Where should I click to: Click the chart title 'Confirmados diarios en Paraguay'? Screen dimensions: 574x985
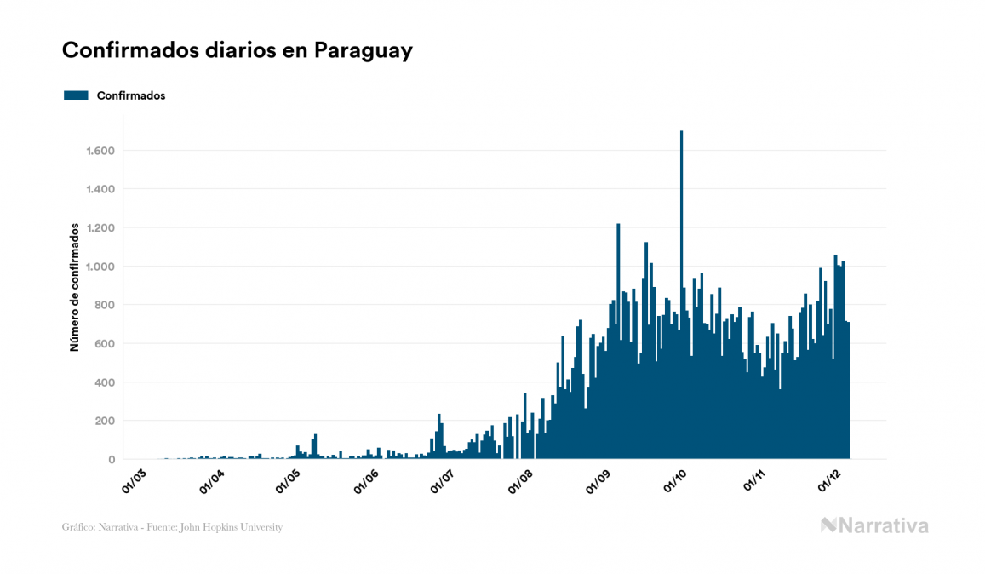(238, 50)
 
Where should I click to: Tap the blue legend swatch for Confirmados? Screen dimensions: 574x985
(76, 95)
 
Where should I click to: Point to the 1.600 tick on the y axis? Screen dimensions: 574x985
(100, 151)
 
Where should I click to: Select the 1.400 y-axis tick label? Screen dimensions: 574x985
(100, 189)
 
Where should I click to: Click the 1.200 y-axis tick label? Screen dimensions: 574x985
(100, 228)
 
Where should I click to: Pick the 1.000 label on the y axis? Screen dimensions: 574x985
(100, 267)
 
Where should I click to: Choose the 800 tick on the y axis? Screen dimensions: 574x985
(105, 305)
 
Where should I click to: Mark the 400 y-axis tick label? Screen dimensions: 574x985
(105, 382)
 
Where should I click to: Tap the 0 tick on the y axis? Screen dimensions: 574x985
(112, 460)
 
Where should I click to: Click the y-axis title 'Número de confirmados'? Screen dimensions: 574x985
(75, 288)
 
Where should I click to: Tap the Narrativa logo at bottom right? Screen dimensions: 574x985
(874, 525)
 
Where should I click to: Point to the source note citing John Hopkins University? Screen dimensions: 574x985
(172, 527)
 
